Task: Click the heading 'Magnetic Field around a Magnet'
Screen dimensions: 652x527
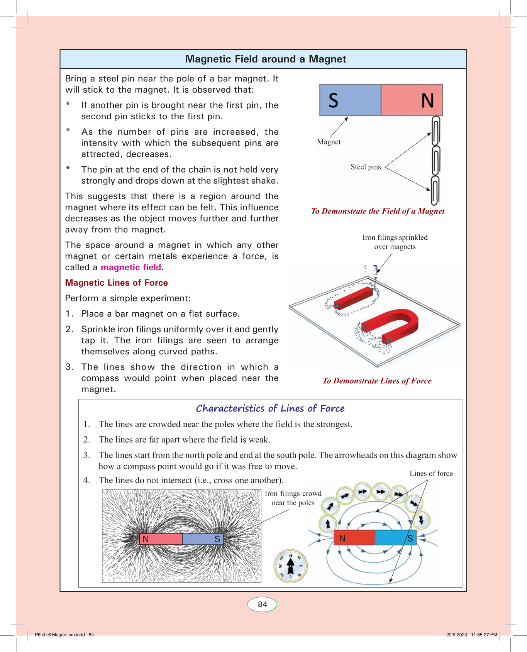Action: [x=266, y=59]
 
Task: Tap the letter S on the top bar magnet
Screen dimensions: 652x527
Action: [x=334, y=100]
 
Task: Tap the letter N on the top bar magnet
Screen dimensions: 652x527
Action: [x=427, y=101]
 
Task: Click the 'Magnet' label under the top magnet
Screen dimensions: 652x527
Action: [x=329, y=142]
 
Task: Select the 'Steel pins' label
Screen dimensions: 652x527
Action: [x=366, y=167]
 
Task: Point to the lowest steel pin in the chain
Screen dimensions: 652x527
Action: [x=435, y=191]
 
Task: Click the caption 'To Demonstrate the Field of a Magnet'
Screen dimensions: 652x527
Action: [x=378, y=211]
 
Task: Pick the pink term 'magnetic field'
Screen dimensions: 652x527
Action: [x=131, y=267]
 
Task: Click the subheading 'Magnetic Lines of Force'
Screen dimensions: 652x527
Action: [x=116, y=283]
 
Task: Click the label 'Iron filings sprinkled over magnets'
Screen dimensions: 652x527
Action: [x=395, y=242]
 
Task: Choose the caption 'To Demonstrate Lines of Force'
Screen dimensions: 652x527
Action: [x=377, y=381]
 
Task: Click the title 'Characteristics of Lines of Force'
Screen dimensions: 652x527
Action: [x=270, y=408]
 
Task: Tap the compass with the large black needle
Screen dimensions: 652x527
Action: [x=291, y=566]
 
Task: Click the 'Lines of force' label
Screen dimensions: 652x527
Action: [x=431, y=473]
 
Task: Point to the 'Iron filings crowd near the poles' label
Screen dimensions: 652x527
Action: [x=293, y=498]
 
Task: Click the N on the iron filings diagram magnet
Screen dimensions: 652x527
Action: [x=146, y=539]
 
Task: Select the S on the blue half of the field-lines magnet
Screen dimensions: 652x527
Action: [x=410, y=538]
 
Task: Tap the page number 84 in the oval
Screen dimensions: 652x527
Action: [x=262, y=604]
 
